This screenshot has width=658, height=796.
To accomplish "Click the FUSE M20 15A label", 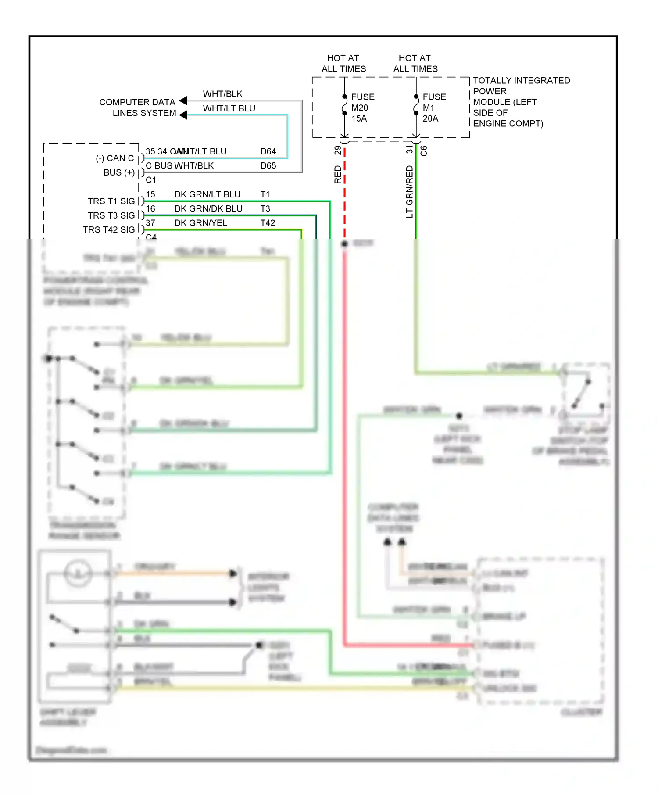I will click(x=362, y=108).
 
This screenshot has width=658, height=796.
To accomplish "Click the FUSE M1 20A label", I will click(x=434, y=108).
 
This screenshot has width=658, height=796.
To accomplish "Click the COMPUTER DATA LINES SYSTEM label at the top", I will click(x=138, y=108).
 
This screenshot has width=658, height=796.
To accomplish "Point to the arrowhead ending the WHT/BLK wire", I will click(x=183, y=100).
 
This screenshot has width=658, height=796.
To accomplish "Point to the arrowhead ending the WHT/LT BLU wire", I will click(x=183, y=115).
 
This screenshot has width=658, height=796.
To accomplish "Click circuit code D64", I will click(x=268, y=151).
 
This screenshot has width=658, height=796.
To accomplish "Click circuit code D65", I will click(x=268, y=166).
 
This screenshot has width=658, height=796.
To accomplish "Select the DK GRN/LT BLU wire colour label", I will click(x=207, y=194).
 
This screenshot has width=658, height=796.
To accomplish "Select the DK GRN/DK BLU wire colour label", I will click(x=208, y=209).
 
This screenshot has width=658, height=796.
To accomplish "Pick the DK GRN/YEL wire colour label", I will click(x=200, y=223).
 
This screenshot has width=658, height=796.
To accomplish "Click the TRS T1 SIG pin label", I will click(x=111, y=201).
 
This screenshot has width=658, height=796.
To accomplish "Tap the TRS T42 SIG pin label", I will click(x=109, y=229).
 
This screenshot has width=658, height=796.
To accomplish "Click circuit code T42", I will click(x=268, y=223).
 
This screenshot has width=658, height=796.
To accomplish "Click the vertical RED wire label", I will click(x=337, y=174).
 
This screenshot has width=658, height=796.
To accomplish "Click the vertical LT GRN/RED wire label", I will click(x=409, y=191).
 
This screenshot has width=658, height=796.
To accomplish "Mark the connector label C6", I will click(x=424, y=151).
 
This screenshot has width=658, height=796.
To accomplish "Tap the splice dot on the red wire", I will click(x=345, y=244).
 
